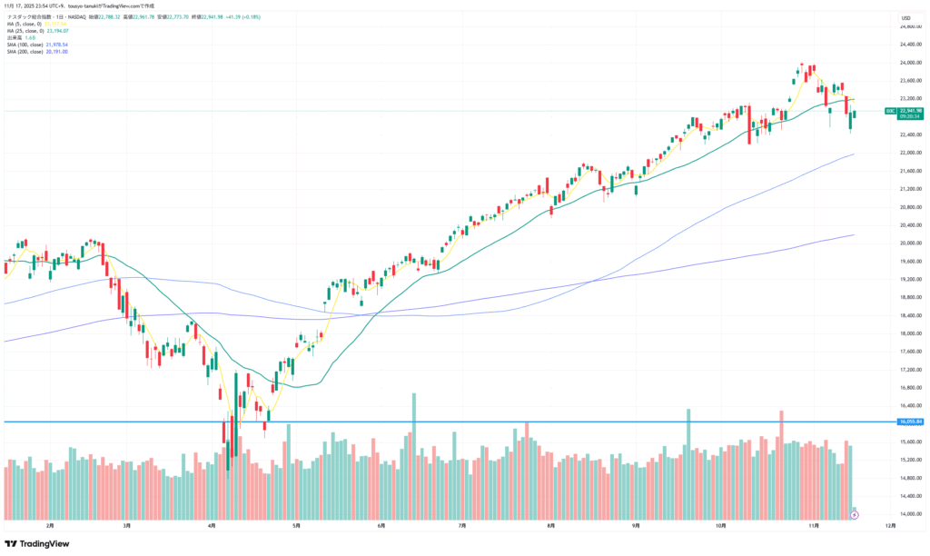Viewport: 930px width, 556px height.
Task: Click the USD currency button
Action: tap(905, 17)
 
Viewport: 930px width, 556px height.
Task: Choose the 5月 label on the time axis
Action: tap(296, 525)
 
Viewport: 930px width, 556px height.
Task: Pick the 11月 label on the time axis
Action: tap(813, 525)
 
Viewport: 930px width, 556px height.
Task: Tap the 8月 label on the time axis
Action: tap(551, 525)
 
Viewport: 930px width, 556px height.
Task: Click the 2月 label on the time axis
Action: tap(50, 525)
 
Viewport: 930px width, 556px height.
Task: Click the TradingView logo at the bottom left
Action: tap(36, 543)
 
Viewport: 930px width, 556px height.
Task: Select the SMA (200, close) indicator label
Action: tap(25, 51)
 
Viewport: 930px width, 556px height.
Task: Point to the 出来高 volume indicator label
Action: tap(14, 37)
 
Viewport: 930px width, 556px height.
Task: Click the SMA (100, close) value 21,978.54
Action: tap(57, 45)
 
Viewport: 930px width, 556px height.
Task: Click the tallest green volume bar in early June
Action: tap(414, 454)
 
